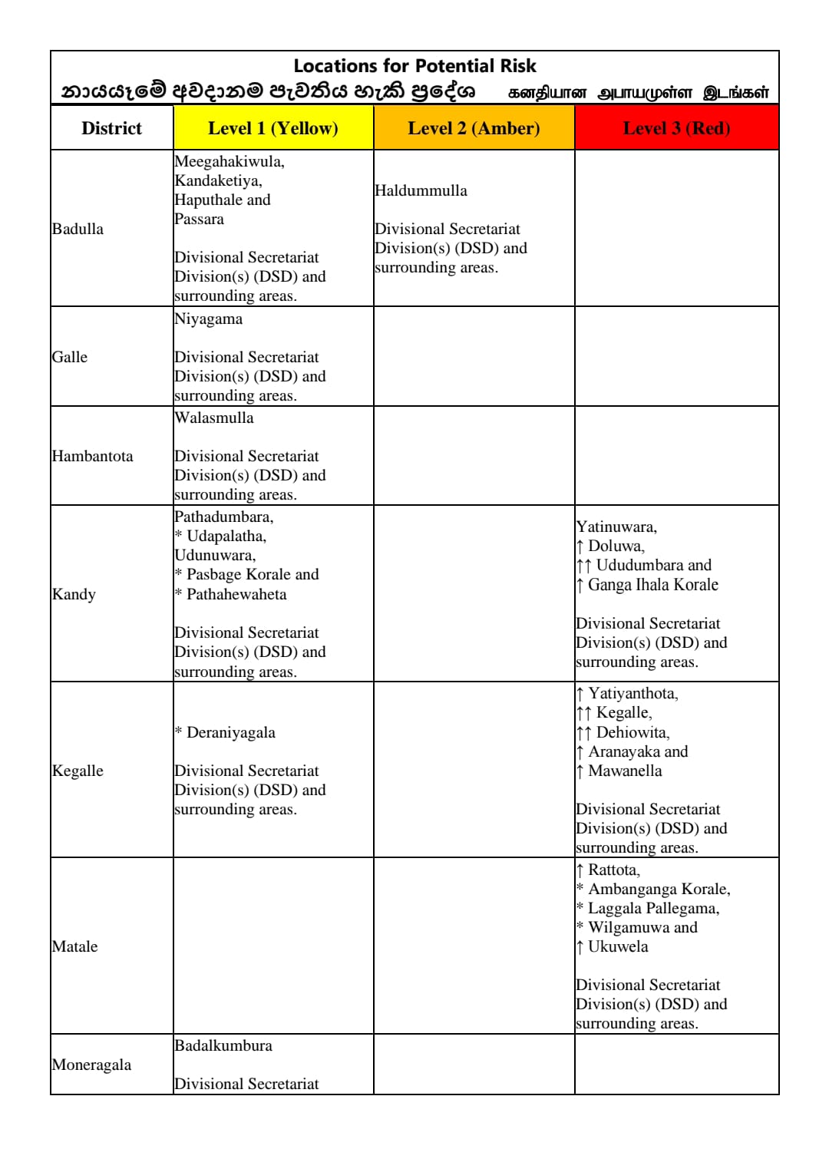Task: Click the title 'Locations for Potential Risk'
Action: click(414, 66)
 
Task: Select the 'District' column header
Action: click(111, 128)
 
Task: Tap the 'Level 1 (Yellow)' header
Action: click(272, 128)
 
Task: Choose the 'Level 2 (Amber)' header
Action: click(474, 128)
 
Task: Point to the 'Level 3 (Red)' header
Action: click(676, 128)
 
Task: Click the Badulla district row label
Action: click(78, 229)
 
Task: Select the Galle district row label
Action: click(70, 357)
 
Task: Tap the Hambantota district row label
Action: click(92, 456)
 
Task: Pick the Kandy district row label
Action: click(74, 594)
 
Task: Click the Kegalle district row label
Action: click(78, 771)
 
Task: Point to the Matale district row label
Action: click(74, 946)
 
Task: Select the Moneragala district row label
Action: click(91, 1065)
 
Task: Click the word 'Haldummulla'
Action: click(421, 190)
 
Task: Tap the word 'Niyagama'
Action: click(208, 319)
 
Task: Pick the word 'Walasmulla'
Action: click(213, 418)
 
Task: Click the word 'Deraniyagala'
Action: click(230, 732)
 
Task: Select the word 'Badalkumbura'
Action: click(223, 1045)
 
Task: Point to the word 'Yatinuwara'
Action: click(616, 527)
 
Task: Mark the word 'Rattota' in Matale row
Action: click(613, 870)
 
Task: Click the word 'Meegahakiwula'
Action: click(228, 161)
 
